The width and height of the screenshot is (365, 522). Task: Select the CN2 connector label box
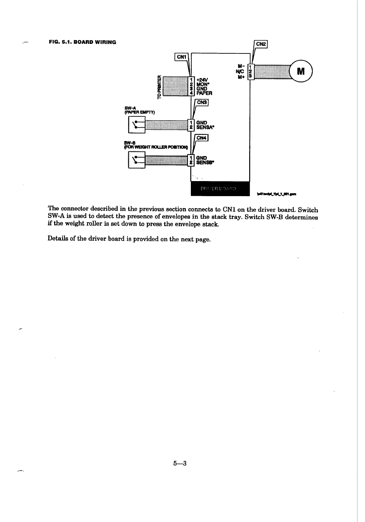click(x=261, y=43)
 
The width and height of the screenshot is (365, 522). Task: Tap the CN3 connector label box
click(x=202, y=102)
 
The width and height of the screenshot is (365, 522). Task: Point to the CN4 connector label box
click(x=202, y=138)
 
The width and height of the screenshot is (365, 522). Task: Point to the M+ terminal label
click(x=240, y=76)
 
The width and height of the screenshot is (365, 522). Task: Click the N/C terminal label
click(x=240, y=71)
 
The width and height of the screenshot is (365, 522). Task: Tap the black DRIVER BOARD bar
click(x=219, y=189)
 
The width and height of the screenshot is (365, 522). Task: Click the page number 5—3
click(x=180, y=463)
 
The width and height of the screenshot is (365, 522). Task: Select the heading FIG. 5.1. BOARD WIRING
click(x=82, y=42)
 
